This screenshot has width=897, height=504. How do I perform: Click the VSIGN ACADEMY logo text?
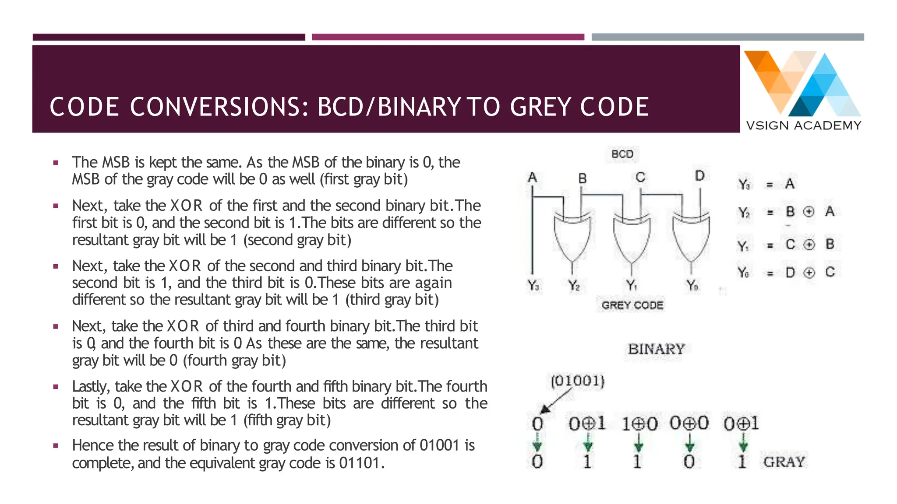[x=803, y=126]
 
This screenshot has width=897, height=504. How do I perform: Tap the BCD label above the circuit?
[x=622, y=154]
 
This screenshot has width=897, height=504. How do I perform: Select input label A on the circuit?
[x=532, y=177]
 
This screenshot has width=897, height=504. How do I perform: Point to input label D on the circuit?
[x=700, y=176]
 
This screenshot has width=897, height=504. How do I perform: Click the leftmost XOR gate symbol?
[x=572, y=237]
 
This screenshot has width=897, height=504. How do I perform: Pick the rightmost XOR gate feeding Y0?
[x=691, y=237]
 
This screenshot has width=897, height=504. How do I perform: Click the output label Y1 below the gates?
[x=632, y=286]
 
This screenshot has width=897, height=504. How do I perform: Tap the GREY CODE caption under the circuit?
[x=632, y=305]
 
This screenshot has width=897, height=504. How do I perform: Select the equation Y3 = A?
[x=766, y=184]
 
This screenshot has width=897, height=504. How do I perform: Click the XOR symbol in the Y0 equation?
[x=809, y=273]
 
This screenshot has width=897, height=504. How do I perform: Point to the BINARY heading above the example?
[x=656, y=349]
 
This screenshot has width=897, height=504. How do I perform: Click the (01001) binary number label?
[x=577, y=381]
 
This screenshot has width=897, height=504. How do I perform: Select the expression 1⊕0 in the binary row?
[x=639, y=423]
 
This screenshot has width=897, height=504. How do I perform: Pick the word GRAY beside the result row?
[x=784, y=462]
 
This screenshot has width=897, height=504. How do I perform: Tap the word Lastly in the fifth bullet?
[x=91, y=386]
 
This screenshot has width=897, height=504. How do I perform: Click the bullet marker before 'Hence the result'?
[x=56, y=446]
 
